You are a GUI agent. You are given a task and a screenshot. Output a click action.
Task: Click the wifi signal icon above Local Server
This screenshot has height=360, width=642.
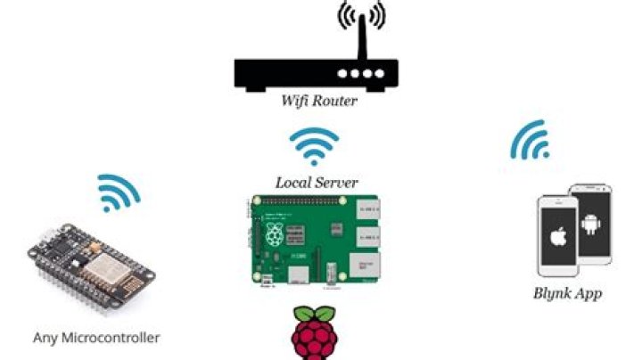click(x=314, y=146)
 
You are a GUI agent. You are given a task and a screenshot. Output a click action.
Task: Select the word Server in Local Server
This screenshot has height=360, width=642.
click(x=336, y=183)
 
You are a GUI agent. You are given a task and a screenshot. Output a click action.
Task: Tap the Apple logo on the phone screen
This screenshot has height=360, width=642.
click(x=558, y=236)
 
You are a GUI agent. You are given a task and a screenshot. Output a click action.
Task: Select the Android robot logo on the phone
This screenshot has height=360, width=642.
click(x=590, y=225)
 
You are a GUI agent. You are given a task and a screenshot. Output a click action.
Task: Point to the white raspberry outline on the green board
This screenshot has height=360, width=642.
click(x=275, y=234)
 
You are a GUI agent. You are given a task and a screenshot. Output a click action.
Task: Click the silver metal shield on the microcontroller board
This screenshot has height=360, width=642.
click(x=101, y=267)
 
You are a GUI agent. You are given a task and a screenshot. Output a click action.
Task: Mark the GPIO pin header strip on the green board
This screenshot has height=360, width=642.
click(x=300, y=200)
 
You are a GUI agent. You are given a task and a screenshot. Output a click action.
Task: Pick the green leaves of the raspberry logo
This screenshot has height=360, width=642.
click(x=315, y=314)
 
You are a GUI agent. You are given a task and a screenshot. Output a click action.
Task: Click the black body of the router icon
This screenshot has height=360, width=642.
click(x=316, y=75)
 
